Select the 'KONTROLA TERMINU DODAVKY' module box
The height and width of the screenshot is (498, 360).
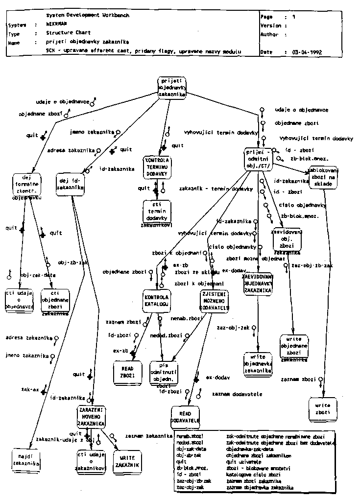point(157,167)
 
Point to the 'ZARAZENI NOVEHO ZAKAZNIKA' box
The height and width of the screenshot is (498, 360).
point(91,417)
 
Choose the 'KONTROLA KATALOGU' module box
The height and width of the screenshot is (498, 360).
point(157,301)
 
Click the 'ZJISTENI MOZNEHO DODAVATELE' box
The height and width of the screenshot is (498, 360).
point(215,301)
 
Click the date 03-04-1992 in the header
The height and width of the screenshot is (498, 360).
point(308,51)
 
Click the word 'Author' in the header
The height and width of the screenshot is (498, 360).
point(269,35)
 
